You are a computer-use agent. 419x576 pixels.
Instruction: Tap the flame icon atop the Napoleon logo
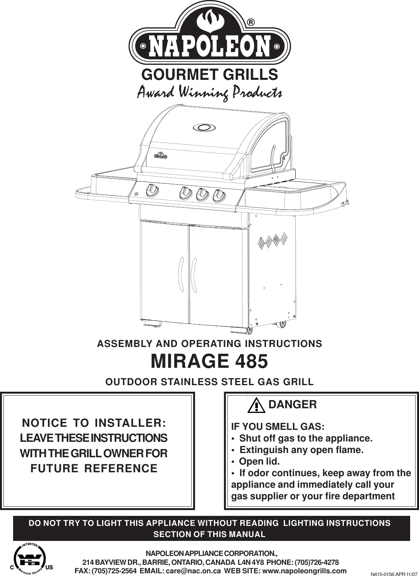[210, 18]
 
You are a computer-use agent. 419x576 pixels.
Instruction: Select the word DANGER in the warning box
[293, 405]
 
